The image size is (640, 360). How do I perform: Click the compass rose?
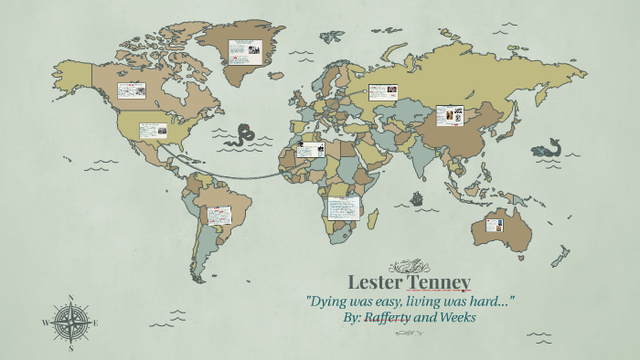click(x=70, y=322)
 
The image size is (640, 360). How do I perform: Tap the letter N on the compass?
click(x=70, y=297)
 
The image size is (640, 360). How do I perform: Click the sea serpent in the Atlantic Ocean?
click(x=245, y=135)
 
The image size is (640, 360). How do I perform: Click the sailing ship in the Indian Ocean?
click(x=417, y=196)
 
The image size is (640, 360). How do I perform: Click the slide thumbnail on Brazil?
click(x=219, y=216)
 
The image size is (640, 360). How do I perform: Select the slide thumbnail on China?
click(x=450, y=116)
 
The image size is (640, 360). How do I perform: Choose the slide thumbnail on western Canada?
click(x=131, y=90)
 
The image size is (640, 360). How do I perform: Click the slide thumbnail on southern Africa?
click(x=343, y=209)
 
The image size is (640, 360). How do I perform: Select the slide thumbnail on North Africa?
click(x=309, y=150)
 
